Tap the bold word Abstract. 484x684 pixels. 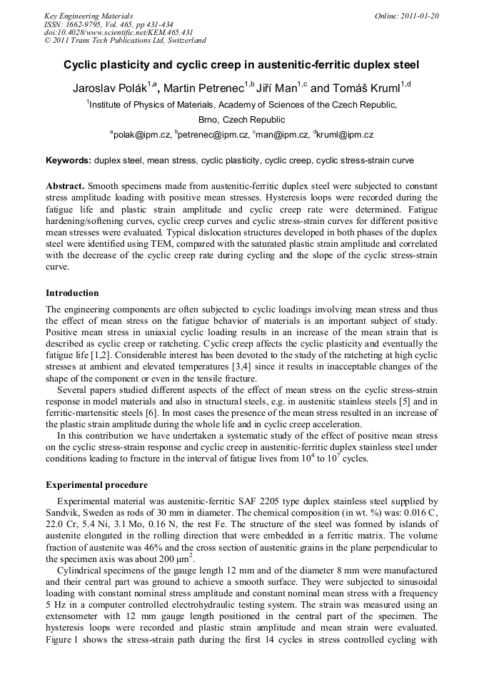pyautogui.click(x=65, y=184)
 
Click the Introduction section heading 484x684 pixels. pyautogui.click(x=72, y=293)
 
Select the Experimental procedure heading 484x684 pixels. pyautogui.click(x=96, y=485)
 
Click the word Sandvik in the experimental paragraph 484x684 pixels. pyautogui.click(x=61, y=512)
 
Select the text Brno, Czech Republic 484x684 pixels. pyautogui.click(x=241, y=120)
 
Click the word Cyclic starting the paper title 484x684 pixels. pyautogui.click(x=83, y=65)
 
